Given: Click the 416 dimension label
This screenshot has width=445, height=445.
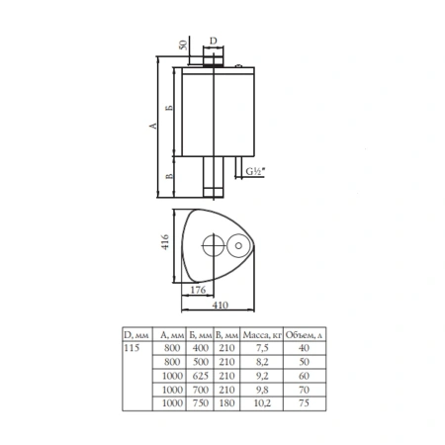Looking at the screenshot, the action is pyautogui.click(x=165, y=242).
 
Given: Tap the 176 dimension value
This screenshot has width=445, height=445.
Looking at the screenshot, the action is pyautogui.click(x=198, y=290).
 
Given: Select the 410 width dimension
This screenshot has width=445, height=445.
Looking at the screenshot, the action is pyautogui.click(x=221, y=306).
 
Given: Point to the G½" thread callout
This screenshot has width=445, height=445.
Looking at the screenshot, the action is pyautogui.click(x=255, y=171).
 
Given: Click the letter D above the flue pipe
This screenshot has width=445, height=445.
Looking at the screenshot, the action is pyautogui.click(x=214, y=41).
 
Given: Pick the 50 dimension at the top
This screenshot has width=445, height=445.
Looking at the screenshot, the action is pyautogui.click(x=183, y=44).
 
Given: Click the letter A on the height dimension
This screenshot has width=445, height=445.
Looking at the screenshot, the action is pyautogui.click(x=153, y=126).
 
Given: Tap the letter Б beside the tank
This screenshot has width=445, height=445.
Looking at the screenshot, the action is pyautogui.click(x=169, y=108).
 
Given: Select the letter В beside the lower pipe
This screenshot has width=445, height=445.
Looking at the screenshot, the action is pyautogui.click(x=169, y=176).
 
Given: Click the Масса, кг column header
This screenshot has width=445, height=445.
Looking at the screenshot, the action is pyautogui.click(x=262, y=335).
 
